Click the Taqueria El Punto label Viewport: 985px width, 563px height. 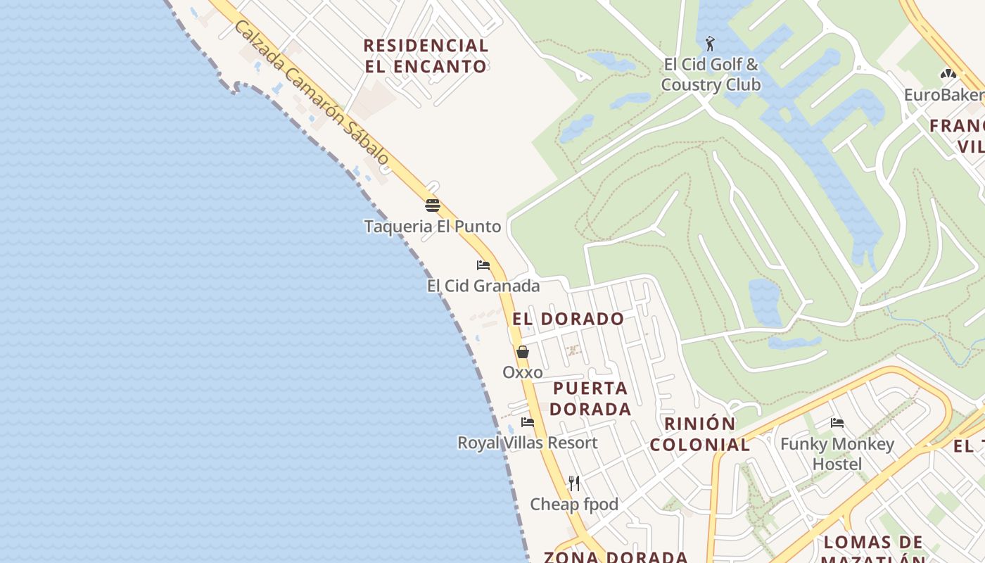click(432, 227)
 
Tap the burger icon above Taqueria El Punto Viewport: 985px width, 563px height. click(432, 205)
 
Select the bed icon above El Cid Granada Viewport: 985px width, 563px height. click(483, 265)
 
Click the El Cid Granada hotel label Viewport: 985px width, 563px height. click(483, 286)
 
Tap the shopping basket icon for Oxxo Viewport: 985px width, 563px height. click(523, 352)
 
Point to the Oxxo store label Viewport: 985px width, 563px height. click(523, 372)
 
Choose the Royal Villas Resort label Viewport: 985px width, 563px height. click(528, 443)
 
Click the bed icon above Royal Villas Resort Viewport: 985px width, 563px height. click(528, 422)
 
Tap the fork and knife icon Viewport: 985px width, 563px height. click(574, 483)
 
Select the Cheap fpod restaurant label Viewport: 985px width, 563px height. click(574, 504)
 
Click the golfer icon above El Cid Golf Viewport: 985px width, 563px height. click(711, 44)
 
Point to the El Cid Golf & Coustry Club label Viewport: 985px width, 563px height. click(711, 75)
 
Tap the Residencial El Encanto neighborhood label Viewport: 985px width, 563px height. click(426, 56)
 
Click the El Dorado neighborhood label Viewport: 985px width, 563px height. click(568, 319)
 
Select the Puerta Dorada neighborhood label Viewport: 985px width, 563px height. click(590, 398)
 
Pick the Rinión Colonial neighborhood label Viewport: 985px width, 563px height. click(700, 434)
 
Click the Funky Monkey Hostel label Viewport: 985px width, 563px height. click(837, 454)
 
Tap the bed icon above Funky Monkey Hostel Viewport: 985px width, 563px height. click(837, 423)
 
